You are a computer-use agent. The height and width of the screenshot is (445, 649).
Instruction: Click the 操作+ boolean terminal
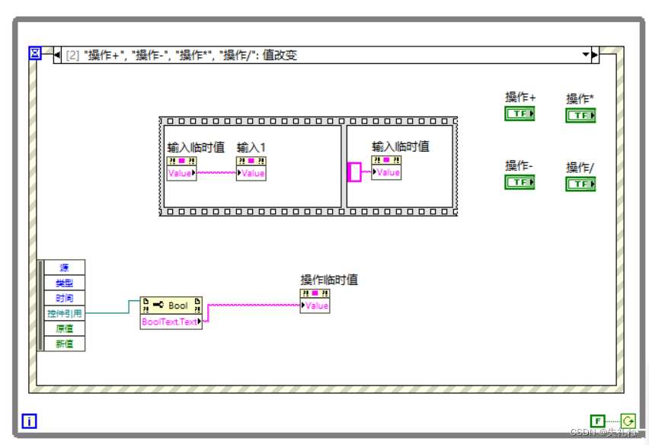tap(520, 114)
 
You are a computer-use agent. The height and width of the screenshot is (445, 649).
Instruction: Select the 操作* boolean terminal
tap(580, 115)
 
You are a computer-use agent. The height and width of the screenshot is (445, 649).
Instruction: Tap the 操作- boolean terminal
tap(520, 182)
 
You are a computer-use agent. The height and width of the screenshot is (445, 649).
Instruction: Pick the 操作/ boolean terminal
tap(580, 184)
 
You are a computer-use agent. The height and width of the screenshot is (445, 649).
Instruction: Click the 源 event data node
tap(64, 267)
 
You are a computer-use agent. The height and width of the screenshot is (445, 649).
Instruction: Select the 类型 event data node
tap(64, 283)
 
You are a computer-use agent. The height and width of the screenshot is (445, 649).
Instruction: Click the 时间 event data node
tap(64, 298)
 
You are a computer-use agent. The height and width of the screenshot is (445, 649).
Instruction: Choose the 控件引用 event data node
tap(64, 313)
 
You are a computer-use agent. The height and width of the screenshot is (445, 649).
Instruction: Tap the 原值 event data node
tap(64, 328)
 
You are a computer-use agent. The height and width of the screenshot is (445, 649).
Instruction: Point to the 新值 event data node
tap(64, 344)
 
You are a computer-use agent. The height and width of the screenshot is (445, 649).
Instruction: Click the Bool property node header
tap(171, 306)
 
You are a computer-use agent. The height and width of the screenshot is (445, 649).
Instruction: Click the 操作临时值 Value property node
tap(315, 306)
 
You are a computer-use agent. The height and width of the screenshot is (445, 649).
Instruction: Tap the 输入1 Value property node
tap(251, 173)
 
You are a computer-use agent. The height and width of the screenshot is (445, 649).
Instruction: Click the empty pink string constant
tap(354, 172)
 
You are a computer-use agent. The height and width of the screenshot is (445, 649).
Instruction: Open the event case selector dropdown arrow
tap(586, 55)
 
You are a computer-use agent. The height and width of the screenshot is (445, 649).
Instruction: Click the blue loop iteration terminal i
tap(29, 421)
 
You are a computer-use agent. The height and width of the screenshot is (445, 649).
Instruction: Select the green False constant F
tap(598, 421)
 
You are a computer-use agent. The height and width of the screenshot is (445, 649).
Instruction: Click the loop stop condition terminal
tap(628, 421)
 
